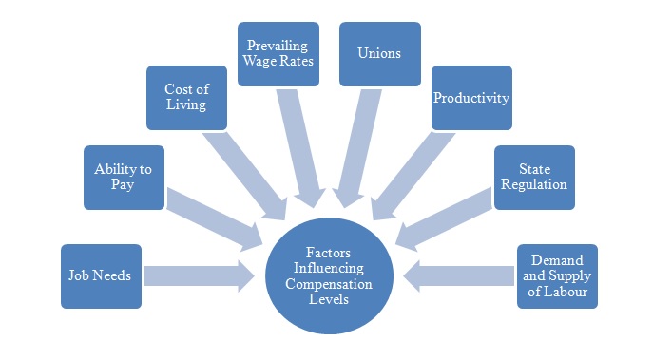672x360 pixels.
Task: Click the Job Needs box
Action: tap(101, 275)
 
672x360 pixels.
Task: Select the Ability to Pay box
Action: tap(123, 177)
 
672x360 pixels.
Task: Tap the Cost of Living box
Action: tap(186, 97)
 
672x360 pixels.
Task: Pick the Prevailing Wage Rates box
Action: tap(278, 54)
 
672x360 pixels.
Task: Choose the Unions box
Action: tap(380, 54)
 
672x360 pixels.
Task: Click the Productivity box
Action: tap(471, 97)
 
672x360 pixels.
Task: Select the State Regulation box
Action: tap(534, 177)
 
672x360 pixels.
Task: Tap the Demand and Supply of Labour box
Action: tap(557, 275)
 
